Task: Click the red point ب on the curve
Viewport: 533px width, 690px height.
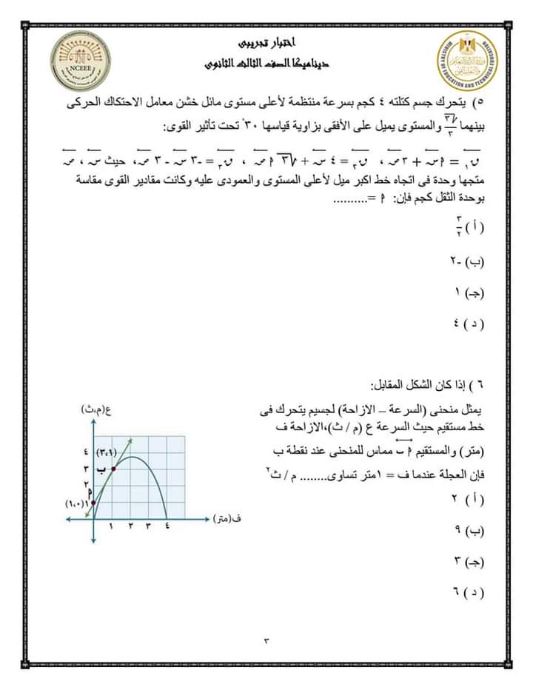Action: click(x=113, y=469)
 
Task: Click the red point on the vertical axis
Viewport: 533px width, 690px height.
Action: click(x=94, y=503)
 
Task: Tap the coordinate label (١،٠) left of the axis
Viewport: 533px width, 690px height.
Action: click(x=76, y=503)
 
